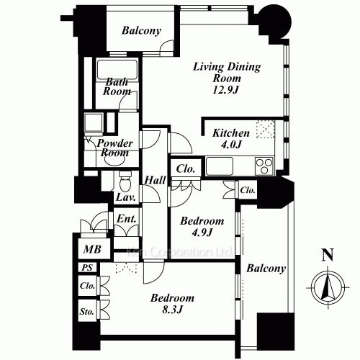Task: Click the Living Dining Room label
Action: [227, 73]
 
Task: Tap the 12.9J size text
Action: [226, 90]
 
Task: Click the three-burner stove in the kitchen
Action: [264, 166]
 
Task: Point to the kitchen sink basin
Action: [220, 166]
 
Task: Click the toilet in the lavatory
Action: [125, 182]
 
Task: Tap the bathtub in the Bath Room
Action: [117, 71]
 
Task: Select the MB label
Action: [92, 250]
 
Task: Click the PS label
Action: [87, 267]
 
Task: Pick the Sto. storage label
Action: [86, 312]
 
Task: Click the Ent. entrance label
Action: [127, 219]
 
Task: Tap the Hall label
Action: [155, 180]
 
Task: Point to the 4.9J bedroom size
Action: [202, 233]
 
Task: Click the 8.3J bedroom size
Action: [173, 310]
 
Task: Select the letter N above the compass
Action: [328, 255]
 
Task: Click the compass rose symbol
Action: [328, 287]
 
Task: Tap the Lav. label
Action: [126, 197]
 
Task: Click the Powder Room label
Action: [114, 148]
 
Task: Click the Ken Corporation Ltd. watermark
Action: [179, 252]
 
